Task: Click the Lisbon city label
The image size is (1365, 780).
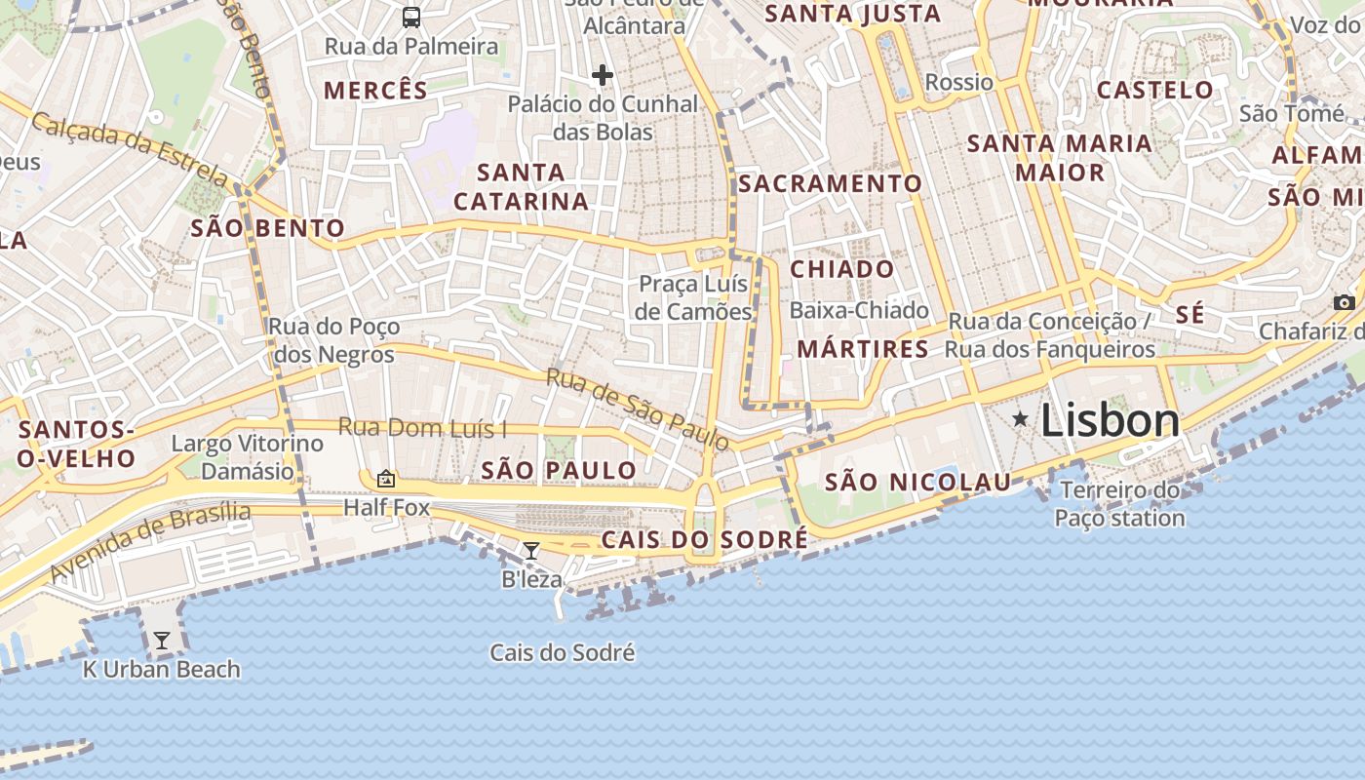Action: [x=1110, y=420]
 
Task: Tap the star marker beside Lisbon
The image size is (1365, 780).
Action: [x=1020, y=419]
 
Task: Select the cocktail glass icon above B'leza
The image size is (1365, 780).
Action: [x=530, y=551]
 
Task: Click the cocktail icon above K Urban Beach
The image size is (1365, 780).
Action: [x=162, y=641]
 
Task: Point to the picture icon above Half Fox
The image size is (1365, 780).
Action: [x=386, y=479]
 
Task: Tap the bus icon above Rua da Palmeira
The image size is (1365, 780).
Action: [x=411, y=17]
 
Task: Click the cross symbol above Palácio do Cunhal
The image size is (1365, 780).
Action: [x=602, y=74]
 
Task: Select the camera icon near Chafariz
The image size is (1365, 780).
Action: [x=1345, y=302]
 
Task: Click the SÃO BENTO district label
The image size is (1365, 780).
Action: [x=267, y=229]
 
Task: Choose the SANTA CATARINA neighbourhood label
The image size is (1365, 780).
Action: [x=522, y=187]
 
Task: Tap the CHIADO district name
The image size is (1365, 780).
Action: [x=841, y=269]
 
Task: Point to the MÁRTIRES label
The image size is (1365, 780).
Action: [x=862, y=349]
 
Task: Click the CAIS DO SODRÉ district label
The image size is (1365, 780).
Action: [x=704, y=539]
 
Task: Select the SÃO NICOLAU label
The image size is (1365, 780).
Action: [x=917, y=482]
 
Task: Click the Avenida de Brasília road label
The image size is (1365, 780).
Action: [x=150, y=542]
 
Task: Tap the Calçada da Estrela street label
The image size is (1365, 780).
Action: [x=131, y=150]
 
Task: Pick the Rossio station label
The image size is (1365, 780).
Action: [x=958, y=82]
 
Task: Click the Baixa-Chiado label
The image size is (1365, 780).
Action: [x=859, y=311]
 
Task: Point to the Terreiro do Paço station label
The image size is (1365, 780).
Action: [x=1119, y=504]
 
